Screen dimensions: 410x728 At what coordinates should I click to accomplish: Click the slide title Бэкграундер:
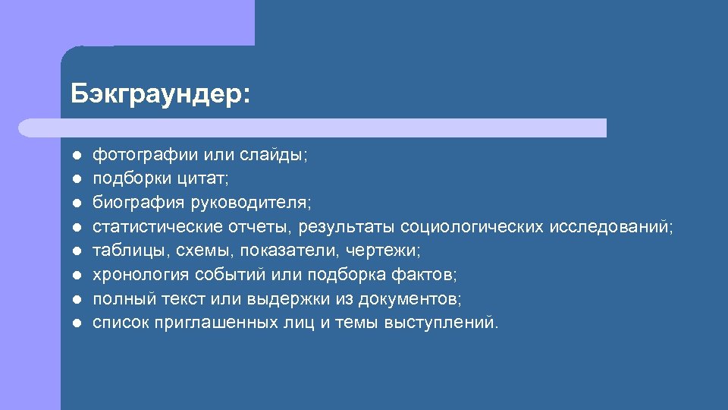[x=159, y=94]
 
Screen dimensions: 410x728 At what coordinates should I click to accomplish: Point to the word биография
[x=132, y=203]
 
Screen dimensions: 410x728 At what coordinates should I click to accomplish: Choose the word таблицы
[x=122, y=250]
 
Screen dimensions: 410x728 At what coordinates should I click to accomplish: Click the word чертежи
[x=385, y=250]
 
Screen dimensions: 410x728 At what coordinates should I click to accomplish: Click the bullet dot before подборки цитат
[x=77, y=179]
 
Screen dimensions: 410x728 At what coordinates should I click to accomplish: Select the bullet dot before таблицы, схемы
[x=77, y=251]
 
